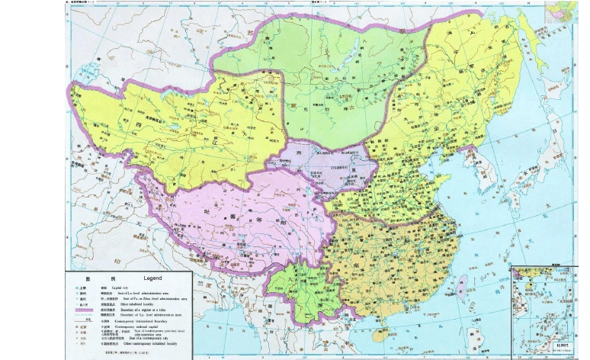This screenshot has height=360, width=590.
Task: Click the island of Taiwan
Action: tap(461, 285)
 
